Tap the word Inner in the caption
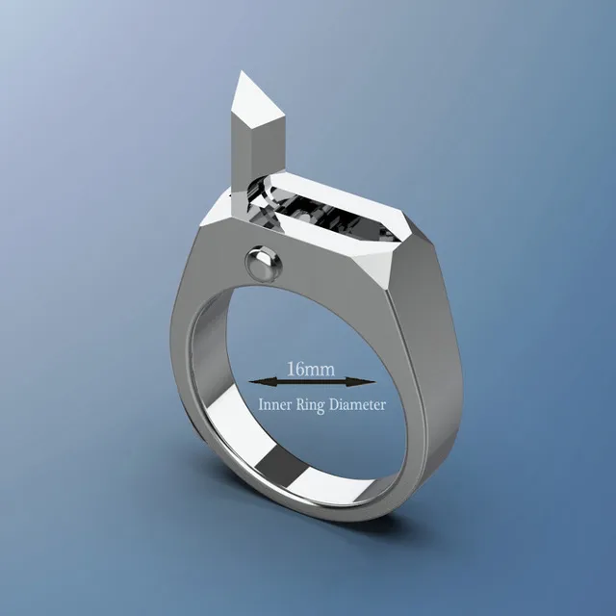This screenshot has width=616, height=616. pos(273,405)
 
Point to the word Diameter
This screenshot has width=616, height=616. pos(357,405)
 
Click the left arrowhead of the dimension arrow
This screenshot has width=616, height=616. pos(252,382)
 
